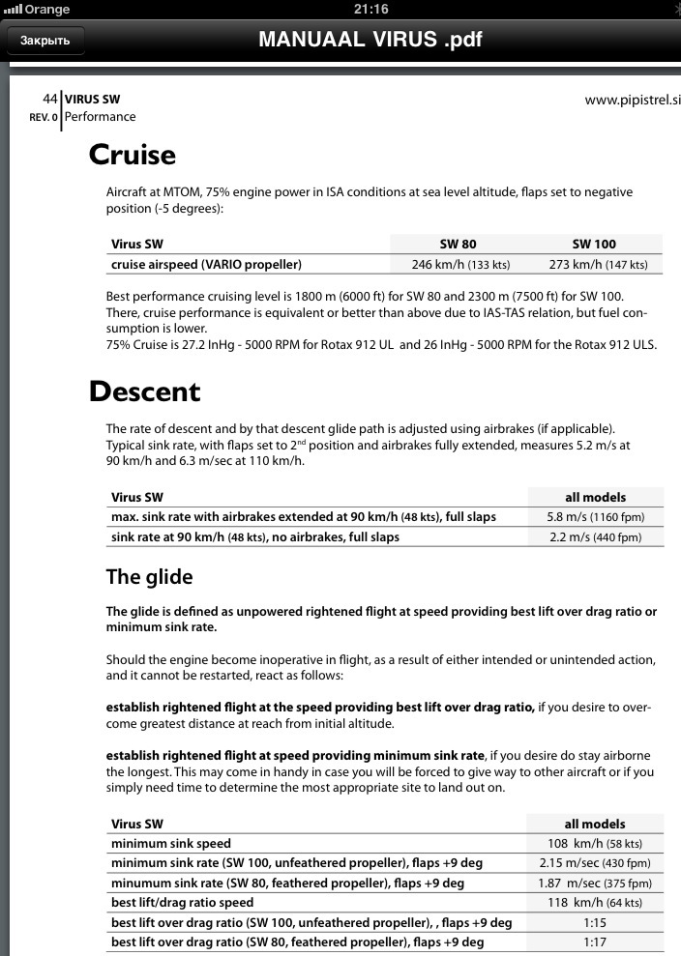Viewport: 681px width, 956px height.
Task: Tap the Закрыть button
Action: coord(45,41)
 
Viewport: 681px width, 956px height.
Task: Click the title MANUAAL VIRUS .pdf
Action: coord(370,40)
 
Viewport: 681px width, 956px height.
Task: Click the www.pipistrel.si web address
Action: coord(633,100)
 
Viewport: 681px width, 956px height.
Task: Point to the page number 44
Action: coord(50,99)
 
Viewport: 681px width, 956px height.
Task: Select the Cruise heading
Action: coord(133,155)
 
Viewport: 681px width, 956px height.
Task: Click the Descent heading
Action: coord(145,391)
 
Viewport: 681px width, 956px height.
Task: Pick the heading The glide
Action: coord(149,577)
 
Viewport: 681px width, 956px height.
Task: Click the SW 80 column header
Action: coord(458,244)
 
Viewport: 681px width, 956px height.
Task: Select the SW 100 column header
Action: coord(594,244)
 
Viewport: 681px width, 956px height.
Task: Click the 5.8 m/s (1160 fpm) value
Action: coord(594,517)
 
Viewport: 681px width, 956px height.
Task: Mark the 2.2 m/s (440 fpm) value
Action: coord(594,536)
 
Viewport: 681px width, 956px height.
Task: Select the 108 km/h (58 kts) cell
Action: coord(594,844)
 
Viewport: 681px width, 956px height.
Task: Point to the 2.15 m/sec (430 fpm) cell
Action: coord(594,863)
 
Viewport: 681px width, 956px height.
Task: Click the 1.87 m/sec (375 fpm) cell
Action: coord(594,884)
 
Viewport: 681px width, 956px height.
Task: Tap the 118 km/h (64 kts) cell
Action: coord(594,903)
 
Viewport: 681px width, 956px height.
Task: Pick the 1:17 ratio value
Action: coord(594,942)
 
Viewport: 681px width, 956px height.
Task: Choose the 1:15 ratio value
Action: coord(594,922)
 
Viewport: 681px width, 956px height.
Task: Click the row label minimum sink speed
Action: coord(171,844)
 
